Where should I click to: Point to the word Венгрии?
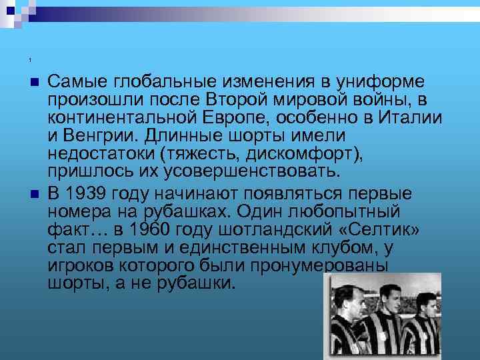coord(97,137)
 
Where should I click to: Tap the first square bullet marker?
coord(35,81)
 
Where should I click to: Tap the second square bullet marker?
coord(35,195)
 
